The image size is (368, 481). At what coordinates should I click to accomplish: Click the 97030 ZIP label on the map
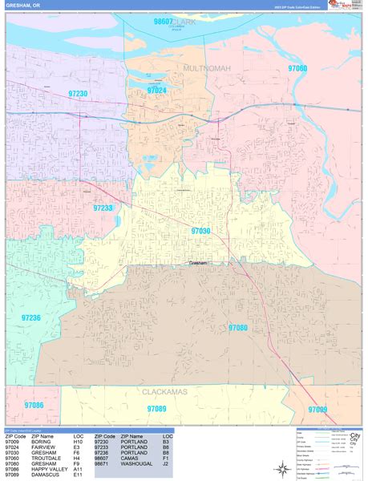(200, 231)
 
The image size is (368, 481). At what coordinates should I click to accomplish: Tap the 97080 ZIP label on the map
(238, 328)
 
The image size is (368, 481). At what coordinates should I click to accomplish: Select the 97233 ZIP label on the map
(103, 208)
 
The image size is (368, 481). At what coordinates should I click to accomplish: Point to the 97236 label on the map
(30, 318)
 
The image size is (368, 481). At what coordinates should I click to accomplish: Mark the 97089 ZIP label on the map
(157, 409)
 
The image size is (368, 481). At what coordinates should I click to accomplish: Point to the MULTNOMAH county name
(207, 69)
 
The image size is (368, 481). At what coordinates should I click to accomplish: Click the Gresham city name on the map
(198, 263)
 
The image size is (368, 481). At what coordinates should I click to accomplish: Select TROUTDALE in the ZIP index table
(47, 459)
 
